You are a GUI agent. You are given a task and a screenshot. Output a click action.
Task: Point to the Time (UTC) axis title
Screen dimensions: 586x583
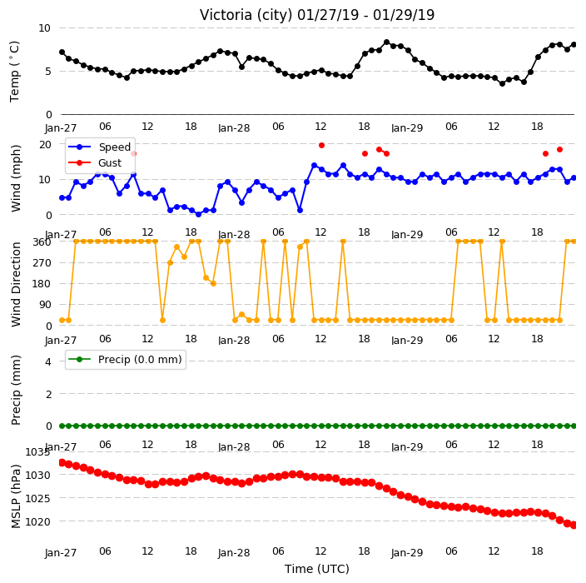point(317,569)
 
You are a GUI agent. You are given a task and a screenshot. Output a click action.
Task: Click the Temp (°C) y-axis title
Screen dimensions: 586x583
point(14,72)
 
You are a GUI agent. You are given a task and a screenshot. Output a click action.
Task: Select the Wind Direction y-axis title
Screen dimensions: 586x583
point(15,284)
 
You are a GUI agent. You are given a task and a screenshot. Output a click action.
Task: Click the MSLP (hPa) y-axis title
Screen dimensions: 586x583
point(15,496)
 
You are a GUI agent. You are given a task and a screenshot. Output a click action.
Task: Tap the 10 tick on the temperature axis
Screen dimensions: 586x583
point(44,28)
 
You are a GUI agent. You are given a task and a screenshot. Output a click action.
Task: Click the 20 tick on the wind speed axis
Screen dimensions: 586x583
point(45,144)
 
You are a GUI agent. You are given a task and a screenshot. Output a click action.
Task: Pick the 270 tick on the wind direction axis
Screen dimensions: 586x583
point(42,263)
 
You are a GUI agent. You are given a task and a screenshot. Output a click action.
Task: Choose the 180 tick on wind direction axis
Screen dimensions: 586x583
point(42,284)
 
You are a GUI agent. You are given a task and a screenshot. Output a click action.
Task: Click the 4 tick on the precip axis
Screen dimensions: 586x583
point(48,361)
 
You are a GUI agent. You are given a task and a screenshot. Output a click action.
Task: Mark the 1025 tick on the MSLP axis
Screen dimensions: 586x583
point(37,498)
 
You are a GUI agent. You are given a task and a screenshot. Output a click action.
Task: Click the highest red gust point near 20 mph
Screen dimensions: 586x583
point(321,145)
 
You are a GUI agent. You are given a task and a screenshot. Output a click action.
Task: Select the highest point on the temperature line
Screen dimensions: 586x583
point(386,42)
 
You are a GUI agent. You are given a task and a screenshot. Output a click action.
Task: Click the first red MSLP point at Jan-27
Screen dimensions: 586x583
point(62,462)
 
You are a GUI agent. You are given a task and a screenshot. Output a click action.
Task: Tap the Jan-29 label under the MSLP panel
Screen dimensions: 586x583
point(407,553)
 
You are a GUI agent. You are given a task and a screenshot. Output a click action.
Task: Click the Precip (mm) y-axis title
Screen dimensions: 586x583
point(15,390)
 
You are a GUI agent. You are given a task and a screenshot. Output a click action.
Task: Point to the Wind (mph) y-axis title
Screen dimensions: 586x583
point(15,178)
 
